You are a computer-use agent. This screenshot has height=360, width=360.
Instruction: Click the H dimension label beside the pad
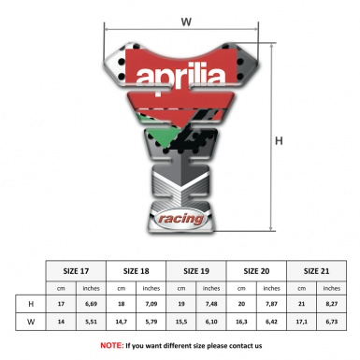coord(278,141)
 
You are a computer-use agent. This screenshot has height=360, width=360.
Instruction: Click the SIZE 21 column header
coord(316,271)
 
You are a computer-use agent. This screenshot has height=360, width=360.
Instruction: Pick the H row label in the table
coord(32,305)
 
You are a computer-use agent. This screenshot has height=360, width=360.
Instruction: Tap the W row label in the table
coord(32,324)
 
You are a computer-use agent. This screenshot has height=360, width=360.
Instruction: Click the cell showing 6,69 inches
coord(92,305)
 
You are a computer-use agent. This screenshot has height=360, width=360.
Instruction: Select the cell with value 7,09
coord(151,305)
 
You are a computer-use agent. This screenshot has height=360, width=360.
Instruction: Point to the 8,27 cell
coord(331,305)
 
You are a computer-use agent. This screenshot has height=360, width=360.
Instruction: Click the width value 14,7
coord(122,324)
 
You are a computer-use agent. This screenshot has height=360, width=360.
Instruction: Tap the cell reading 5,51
coord(92,324)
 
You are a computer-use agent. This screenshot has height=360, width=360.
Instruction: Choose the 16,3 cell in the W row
coord(241,324)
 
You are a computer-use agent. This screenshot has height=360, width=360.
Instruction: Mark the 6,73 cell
coord(331,324)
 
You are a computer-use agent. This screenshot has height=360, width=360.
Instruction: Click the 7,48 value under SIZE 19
coord(211,305)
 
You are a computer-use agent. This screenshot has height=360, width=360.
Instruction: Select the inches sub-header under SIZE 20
coord(271,288)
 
